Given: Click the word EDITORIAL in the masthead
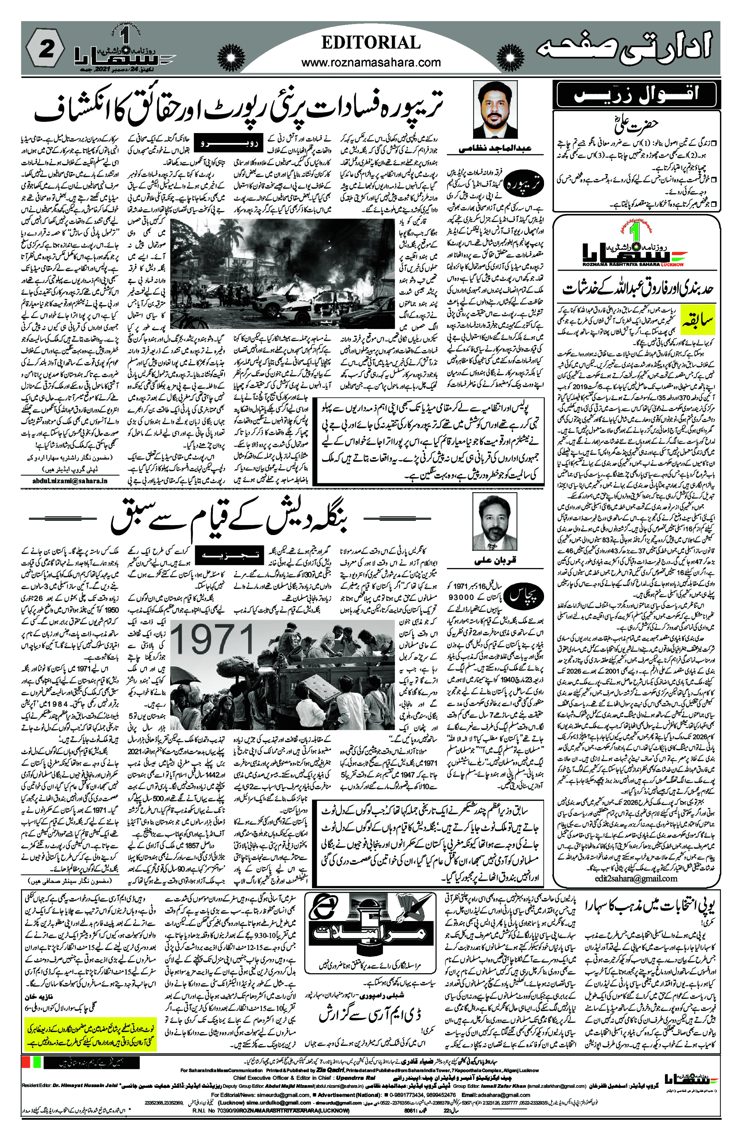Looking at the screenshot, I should [371, 43].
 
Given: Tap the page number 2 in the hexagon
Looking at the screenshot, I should [46, 49].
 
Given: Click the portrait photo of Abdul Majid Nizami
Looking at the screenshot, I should [495, 110].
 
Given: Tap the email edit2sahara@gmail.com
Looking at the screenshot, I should [636, 878].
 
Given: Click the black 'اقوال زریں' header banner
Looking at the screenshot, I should [636, 94].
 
